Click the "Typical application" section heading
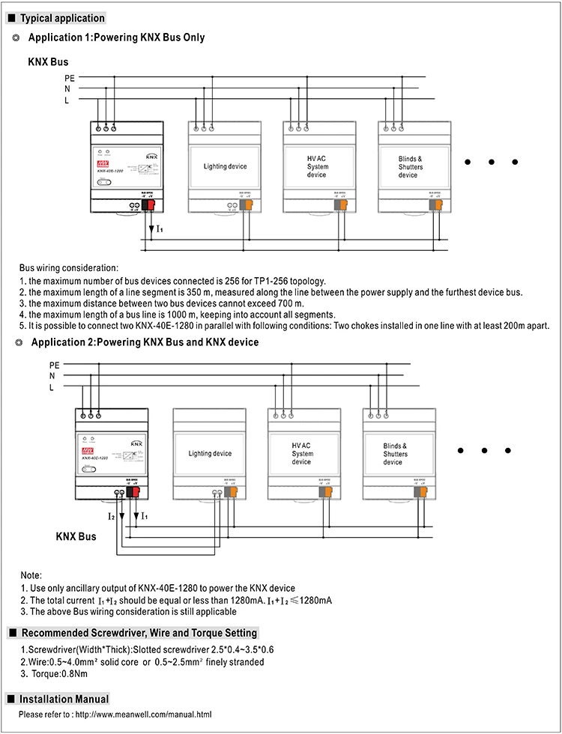(x=61, y=18)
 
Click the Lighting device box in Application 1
(x=225, y=166)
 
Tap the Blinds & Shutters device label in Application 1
(x=410, y=166)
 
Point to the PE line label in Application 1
(x=69, y=76)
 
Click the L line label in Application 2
(x=52, y=387)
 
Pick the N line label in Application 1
(x=67, y=88)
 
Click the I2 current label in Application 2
(x=110, y=517)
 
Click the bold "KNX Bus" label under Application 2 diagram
(x=76, y=537)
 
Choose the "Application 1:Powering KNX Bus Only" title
(x=116, y=37)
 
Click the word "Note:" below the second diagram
(x=31, y=574)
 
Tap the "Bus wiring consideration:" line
(x=68, y=267)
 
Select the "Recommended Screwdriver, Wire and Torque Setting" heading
(x=139, y=633)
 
